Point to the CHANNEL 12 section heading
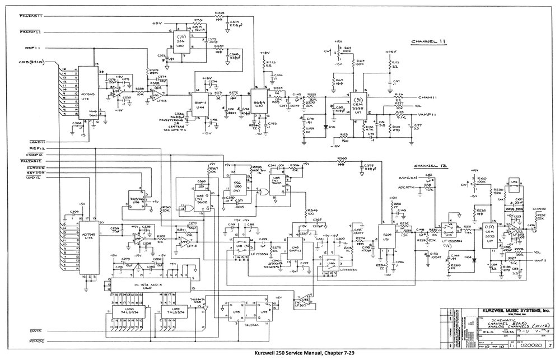(429, 166)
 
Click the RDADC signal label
(38, 341)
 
